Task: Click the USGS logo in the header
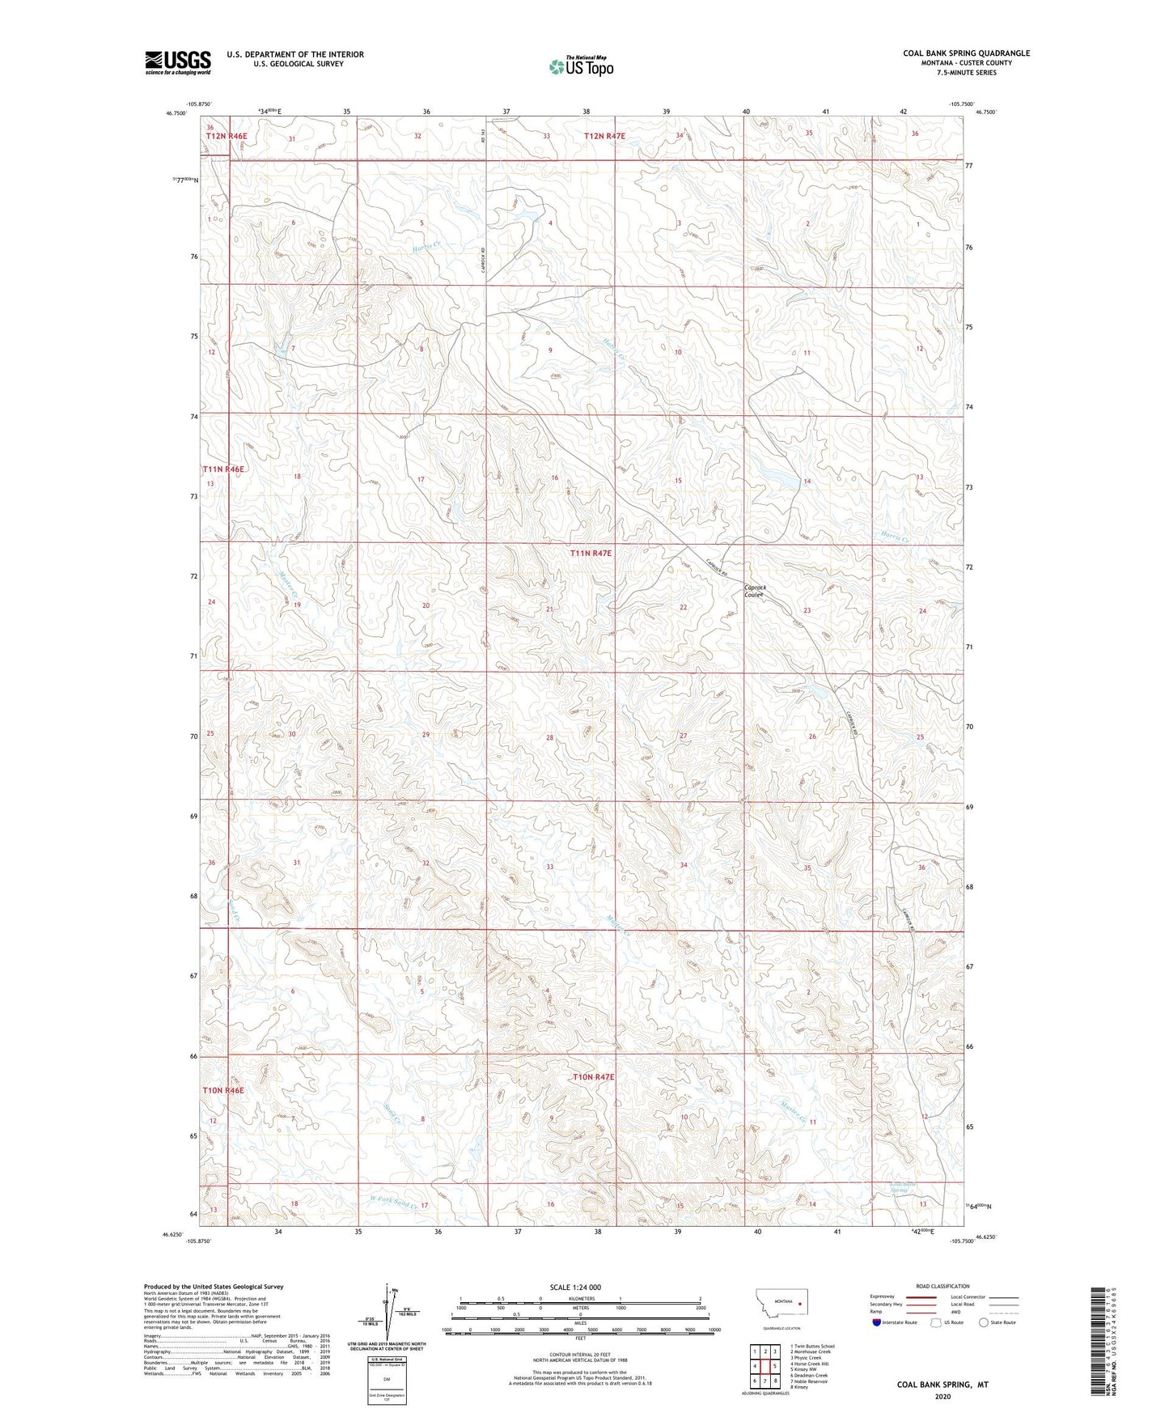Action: click(177, 62)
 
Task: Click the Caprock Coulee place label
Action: click(755, 591)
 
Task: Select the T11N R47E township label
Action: click(591, 553)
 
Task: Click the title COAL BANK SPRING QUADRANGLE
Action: click(966, 53)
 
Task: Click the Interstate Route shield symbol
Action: click(877, 1322)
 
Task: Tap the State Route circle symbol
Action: click(983, 1322)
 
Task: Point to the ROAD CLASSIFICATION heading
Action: click(942, 1286)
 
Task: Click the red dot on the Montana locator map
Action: click(798, 1304)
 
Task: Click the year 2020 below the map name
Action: click(942, 1396)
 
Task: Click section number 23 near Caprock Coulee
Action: click(807, 610)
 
